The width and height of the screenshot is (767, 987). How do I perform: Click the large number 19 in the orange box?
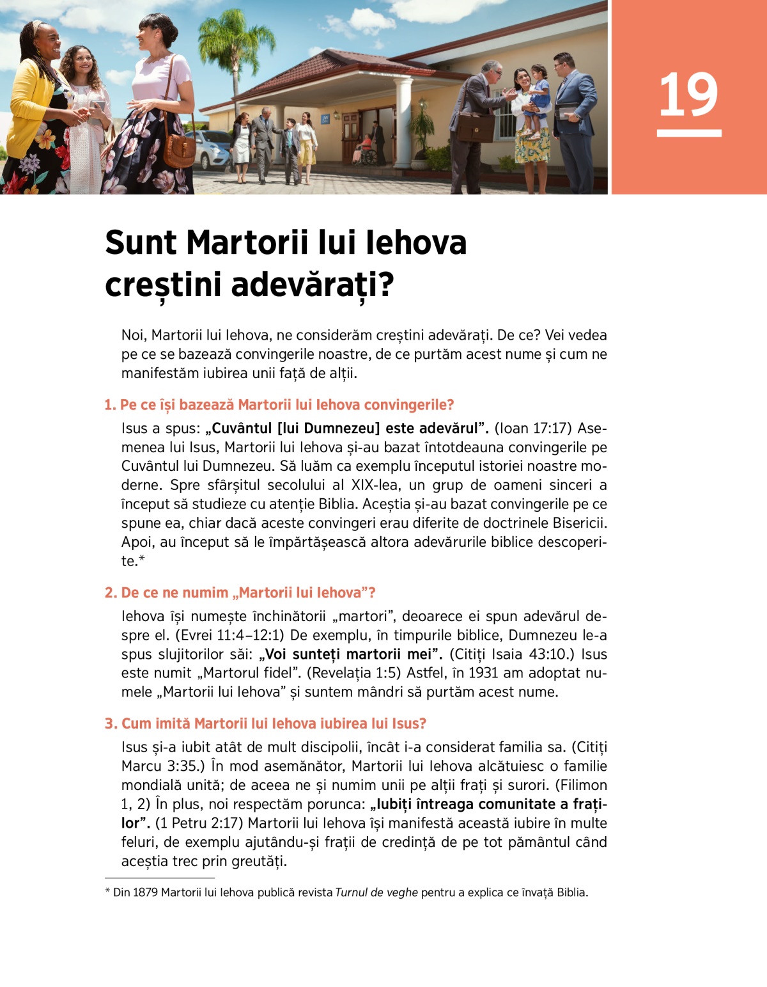point(688,95)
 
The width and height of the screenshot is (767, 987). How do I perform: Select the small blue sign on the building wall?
point(325,118)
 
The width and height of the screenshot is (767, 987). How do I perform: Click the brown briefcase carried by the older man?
point(476,127)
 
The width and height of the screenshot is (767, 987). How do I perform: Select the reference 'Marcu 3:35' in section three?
point(160,766)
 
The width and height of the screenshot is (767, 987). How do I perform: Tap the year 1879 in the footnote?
point(145,892)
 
